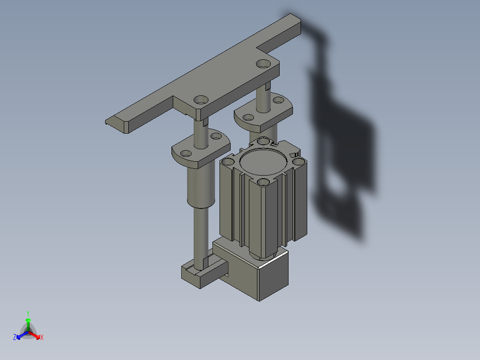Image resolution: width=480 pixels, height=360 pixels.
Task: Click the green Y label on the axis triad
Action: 28,313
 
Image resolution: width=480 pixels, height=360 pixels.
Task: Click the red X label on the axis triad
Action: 41,338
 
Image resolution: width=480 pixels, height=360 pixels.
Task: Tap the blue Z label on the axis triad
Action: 15,337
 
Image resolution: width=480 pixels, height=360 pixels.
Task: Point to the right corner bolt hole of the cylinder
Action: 297,161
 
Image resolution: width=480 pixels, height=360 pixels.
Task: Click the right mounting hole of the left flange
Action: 216,136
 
